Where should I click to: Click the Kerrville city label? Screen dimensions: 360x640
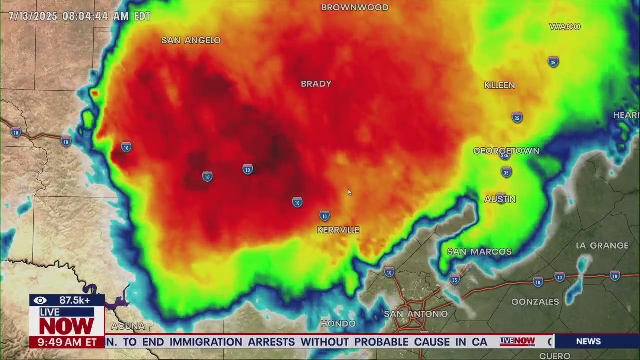tap(338, 230)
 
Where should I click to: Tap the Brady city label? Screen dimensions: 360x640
tap(316, 84)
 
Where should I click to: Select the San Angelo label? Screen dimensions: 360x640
tap(191, 40)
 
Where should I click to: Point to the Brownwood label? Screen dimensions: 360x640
tap(355, 7)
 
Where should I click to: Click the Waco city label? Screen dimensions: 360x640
tap(565, 27)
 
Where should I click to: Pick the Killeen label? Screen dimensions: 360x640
tap(499, 85)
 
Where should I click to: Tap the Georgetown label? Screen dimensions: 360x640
tap(506, 151)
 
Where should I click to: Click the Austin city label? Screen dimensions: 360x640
tap(500, 199)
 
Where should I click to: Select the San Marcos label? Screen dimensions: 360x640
tap(479, 252)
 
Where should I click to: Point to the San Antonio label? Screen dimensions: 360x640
tap(416, 314)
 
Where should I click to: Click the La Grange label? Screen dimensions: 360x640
tap(602, 246)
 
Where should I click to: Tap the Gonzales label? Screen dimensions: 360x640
tap(535, 302)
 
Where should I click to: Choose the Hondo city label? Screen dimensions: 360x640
tap(338, 324)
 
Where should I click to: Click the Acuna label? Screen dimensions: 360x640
tap(128, 326)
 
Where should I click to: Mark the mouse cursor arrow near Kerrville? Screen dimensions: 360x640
tap(349, 192)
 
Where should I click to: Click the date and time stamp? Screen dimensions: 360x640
tap(79, 16)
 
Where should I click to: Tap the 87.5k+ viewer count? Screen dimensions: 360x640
tap(74, 300)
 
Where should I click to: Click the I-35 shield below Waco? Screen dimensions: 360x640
tap(553, 62)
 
